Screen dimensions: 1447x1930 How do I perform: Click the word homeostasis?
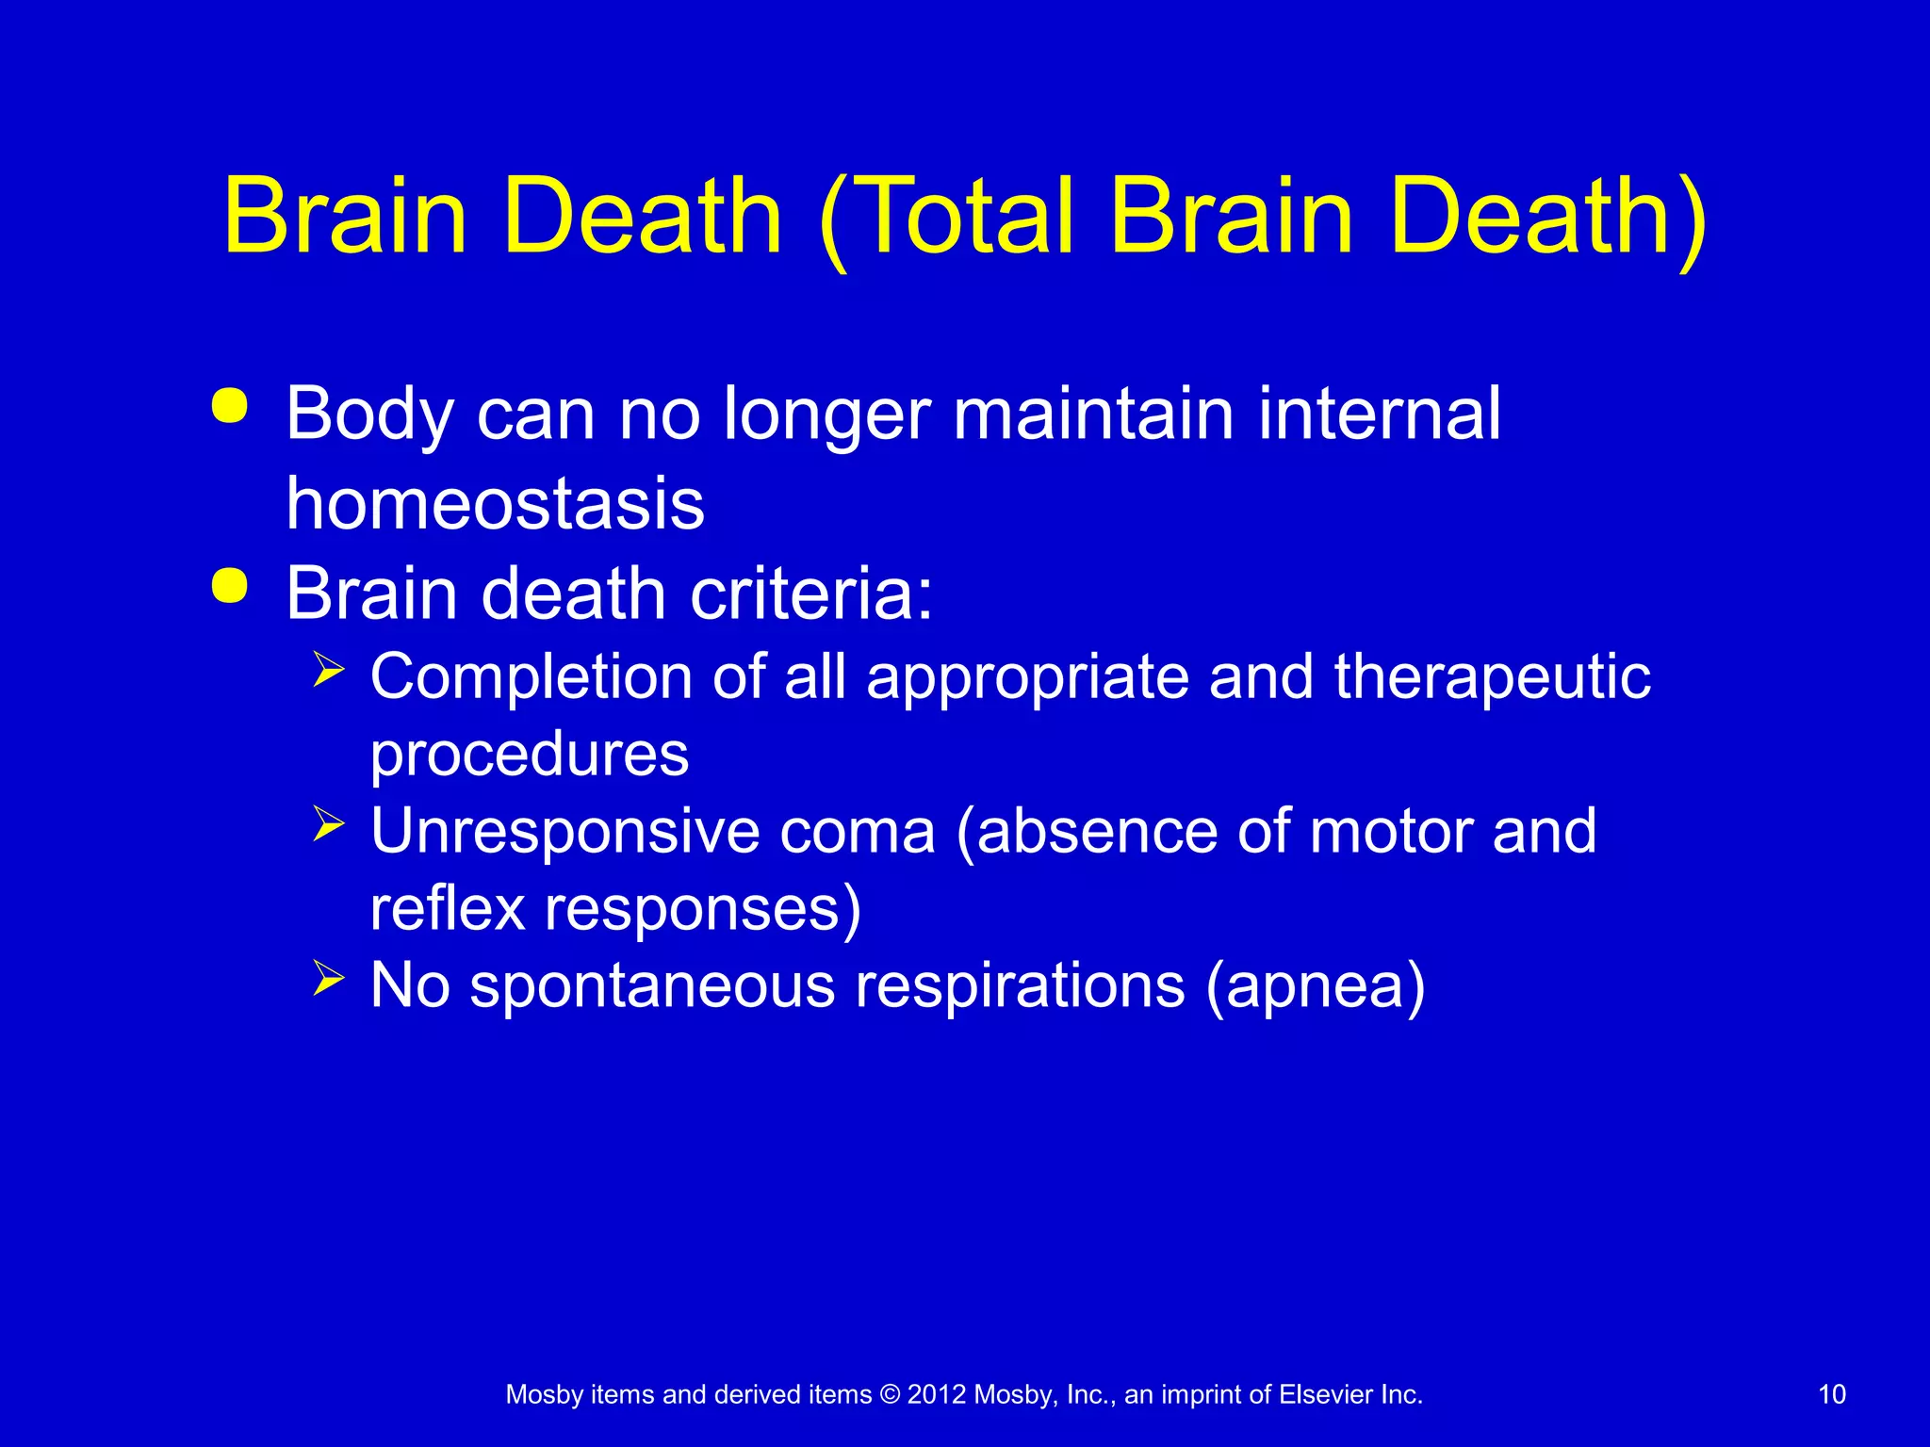tap(495, 504)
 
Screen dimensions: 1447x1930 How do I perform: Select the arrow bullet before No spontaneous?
tap(328, 978)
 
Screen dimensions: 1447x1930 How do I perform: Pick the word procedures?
tap(529, 756)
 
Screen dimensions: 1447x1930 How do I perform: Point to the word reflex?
tap(447, 909)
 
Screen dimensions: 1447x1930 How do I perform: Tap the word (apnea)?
tap(1316, 986)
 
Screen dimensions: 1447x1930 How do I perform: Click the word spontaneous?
tap(652, 986)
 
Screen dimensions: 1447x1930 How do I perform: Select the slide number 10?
tap(1831, 1394)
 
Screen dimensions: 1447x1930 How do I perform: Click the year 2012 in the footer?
tap(937, 1394)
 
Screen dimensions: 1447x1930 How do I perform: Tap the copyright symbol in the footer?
tap(890, 1394)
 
